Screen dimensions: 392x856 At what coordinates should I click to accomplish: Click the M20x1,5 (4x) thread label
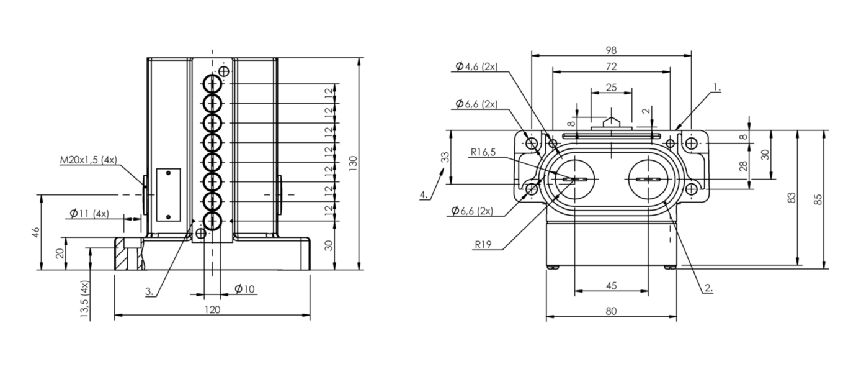pos(89,160)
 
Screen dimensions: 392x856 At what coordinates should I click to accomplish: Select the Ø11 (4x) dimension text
pos(89,214)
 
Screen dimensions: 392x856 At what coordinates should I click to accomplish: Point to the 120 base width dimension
pos(212,309)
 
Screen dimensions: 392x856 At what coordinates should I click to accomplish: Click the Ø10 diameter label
pos(245,289)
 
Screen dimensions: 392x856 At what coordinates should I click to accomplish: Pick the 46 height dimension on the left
pos(35,233)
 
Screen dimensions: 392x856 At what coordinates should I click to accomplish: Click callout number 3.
pos(149,291)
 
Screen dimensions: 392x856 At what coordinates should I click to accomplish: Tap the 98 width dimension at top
pos(610,49)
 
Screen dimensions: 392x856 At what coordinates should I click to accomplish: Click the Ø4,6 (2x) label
pos(476,66)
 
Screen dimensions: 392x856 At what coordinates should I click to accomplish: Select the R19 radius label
pos(483,244)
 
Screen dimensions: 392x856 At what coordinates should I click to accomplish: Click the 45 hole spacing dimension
pos(611,285)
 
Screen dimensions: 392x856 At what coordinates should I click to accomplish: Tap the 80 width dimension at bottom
pos(611,311)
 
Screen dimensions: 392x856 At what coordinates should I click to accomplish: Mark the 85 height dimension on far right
pos(818,199)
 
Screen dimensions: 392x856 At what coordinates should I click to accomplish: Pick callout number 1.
pos(716,88)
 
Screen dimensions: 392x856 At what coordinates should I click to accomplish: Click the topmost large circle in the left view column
pos(212,83)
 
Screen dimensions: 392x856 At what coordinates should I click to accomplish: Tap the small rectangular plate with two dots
pos(167,194)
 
